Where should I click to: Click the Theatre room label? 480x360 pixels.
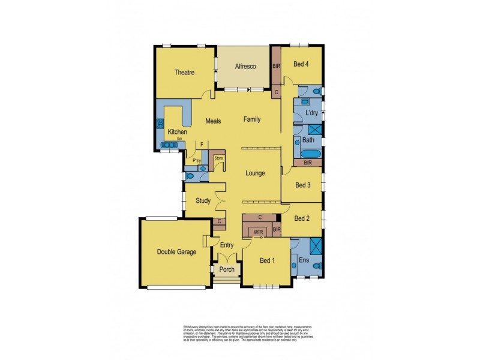(x=184, y=73)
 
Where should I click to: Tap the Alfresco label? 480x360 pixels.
(x=245, y=67)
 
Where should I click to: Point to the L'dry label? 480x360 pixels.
(x=311, y=113)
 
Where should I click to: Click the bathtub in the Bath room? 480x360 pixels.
(x=308, y=152)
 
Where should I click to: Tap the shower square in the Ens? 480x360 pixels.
(x=315, y=245)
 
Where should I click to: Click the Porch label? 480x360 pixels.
(x=227, y=269)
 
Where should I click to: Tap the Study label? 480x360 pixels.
(x=202, y=201)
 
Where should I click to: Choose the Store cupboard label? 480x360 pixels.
(x=218, y=158)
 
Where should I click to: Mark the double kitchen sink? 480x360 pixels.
(x=170, y=145)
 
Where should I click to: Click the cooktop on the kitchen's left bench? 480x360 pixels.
(x=160, y=124)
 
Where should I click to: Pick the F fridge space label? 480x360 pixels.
(x=202, y=145)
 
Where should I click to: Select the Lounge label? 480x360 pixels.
(x=255, y=173)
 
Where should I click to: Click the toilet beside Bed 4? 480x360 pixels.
(x=316, y=91)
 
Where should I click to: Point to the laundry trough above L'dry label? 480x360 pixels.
(x=299, y=102)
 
